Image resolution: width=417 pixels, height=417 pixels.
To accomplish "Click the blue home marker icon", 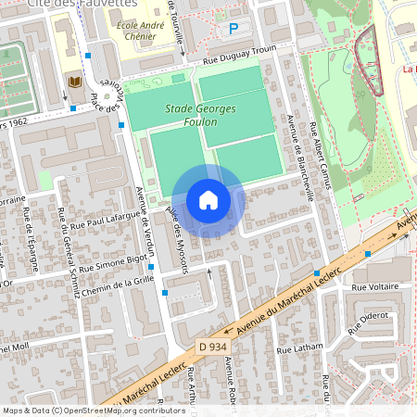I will click(208, 199).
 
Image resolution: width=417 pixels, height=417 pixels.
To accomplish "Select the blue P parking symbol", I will click(234, 29).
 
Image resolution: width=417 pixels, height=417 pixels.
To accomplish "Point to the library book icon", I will click(74, 84).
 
